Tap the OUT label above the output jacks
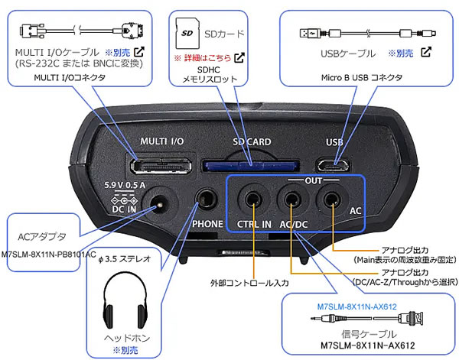292,182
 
